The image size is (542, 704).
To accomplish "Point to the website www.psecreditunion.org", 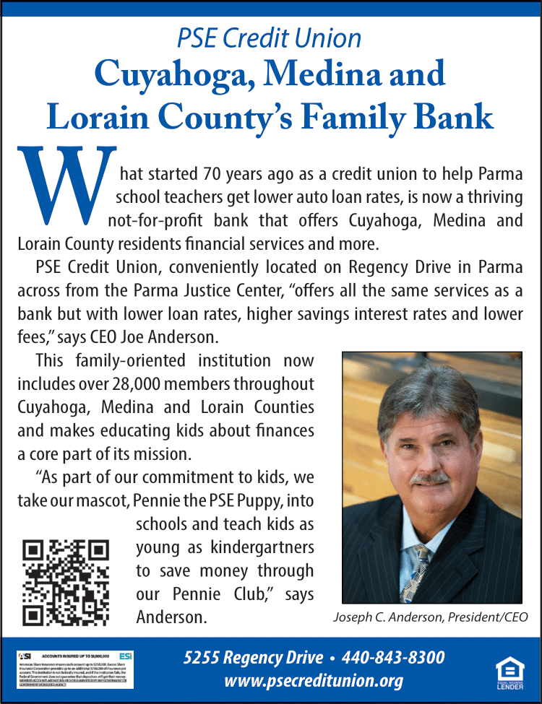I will pos(314,680).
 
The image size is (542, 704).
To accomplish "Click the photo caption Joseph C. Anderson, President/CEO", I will pos(431,617).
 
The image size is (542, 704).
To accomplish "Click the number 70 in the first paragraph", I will pos(199,174).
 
